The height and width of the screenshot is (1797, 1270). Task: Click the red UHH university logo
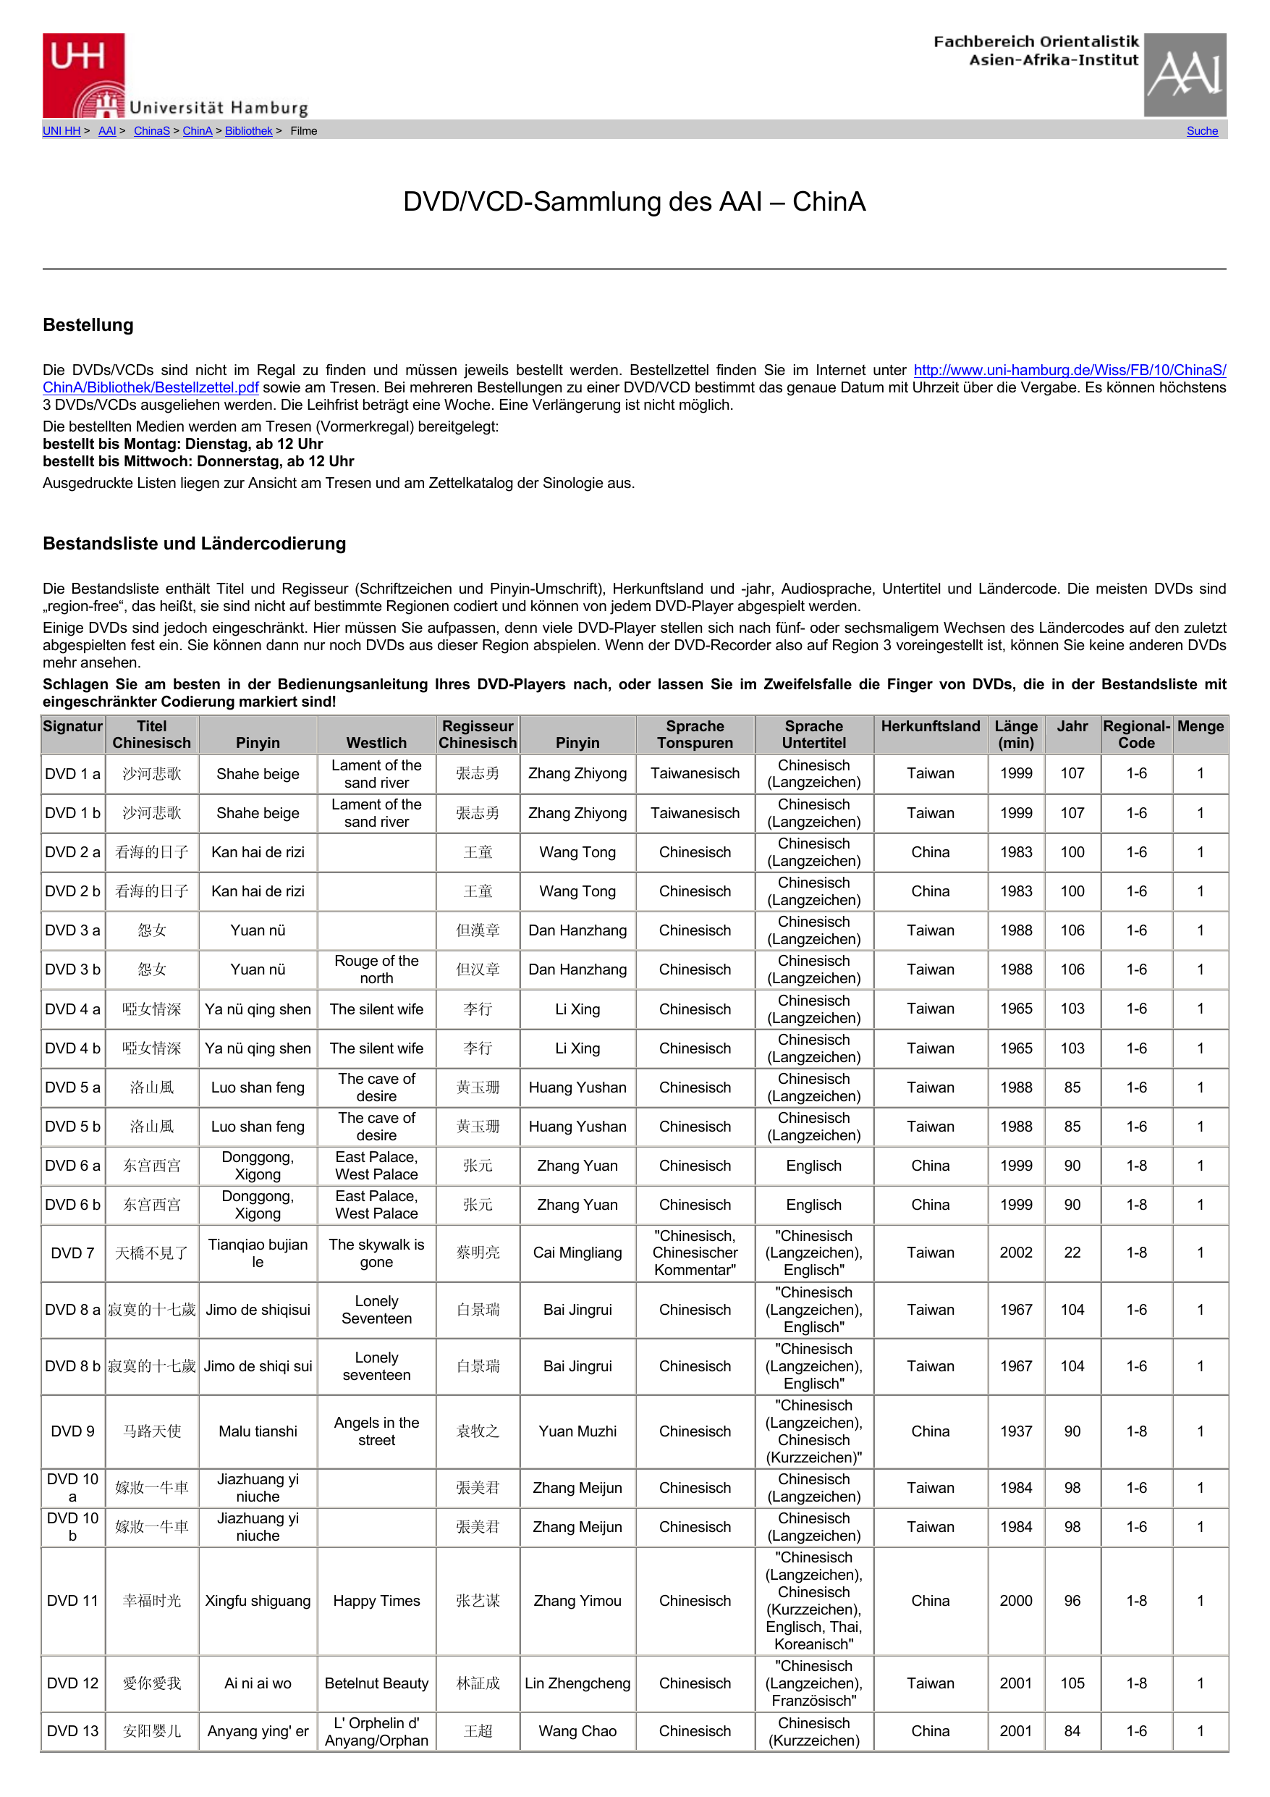tap(84, 75)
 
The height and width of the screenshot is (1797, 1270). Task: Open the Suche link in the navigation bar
tap(1201, 132)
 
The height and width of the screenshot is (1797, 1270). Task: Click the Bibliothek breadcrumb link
tap(248, 132)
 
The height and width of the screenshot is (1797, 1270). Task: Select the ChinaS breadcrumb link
tap(151, 132)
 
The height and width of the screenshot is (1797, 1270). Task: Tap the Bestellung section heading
tap(88, 325)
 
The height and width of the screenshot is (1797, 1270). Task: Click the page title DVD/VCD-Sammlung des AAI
tap(634, 202)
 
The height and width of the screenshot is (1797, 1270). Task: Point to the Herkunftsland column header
tap(930, 726)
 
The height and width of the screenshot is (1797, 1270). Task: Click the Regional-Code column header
tap(1135, 734)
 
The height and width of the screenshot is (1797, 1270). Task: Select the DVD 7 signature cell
tap(73, 1253)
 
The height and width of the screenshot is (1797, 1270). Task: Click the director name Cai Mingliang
tap(577, 1253)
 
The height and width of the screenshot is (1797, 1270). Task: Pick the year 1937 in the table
tap(1016, 1431)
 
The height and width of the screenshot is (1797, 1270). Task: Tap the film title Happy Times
tap(376, 1601)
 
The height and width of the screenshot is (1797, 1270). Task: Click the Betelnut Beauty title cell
tap(376, 1683)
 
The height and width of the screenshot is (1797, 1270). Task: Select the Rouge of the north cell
tap(376, 969)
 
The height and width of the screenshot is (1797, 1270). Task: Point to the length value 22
tap(1072, 1253)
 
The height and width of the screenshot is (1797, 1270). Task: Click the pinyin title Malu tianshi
tap(258, 1431)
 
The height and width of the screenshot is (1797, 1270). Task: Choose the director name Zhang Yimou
tap(577, 1601)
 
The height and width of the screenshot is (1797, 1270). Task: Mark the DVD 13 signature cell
tap(73, 1731)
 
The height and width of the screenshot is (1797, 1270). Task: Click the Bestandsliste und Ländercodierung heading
tap(194, 543)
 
